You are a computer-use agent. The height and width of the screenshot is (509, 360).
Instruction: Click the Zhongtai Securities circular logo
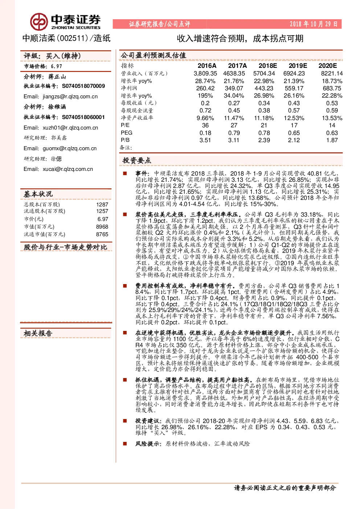tap(39, 22)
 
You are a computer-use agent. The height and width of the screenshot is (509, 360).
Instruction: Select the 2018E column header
tap(268, 66)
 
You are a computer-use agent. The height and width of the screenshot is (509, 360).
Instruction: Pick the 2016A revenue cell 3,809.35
tap(205, 73)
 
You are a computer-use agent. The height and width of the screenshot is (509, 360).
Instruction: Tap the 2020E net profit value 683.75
tap(332, 88)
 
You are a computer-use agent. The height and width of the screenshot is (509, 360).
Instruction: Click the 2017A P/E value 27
tap(234, 125)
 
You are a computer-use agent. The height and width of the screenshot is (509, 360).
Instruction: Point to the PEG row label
tap(126, 132)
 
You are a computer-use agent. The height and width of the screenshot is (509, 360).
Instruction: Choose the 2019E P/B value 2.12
tap(294, 140)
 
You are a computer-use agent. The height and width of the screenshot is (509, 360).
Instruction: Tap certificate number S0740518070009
tap(83, 86)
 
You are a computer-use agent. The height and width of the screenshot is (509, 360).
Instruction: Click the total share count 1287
tap(102, 205)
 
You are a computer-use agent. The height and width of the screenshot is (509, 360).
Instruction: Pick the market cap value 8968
tap(102, 226)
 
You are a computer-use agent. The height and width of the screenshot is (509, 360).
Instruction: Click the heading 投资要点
tap(137, 160)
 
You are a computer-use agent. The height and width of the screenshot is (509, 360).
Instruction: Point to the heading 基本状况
tap(38, 194)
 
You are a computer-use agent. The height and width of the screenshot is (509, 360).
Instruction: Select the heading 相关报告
tap(38, 333)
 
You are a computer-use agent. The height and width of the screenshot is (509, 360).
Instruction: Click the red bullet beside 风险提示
tap(125, 443)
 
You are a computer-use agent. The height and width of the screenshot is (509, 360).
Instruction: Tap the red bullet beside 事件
tap(125, 173)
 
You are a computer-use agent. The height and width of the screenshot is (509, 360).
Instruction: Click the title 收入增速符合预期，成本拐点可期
tap(240, 38)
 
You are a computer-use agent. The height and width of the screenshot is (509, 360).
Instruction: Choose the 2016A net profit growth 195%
tap(205, 96)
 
